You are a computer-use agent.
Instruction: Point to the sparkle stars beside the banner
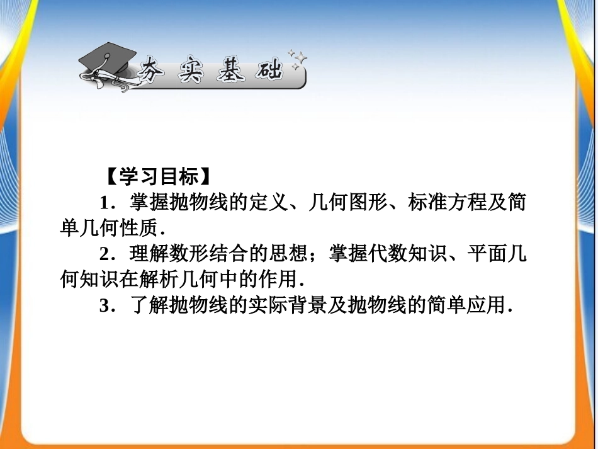[297, 59]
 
